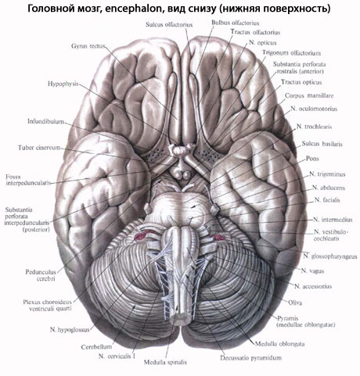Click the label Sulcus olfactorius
[169, 25]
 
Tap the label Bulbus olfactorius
[236, 23]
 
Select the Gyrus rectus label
[88, 46]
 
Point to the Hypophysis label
[63, 84]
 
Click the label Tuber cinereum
[39, 148]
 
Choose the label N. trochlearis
[315, 127]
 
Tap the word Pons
[312, 159]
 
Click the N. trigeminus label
[327, 174]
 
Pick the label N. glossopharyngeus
[330, 256]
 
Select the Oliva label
[295, 303]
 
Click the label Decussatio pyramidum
[251, 358]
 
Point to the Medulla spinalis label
[165, 362]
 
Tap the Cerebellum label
[96, 347]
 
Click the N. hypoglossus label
[70, 330]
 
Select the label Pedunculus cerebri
[41, 275]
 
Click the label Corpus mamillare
[309, 95]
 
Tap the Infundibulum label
[46, 121]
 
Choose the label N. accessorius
[313, 286]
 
